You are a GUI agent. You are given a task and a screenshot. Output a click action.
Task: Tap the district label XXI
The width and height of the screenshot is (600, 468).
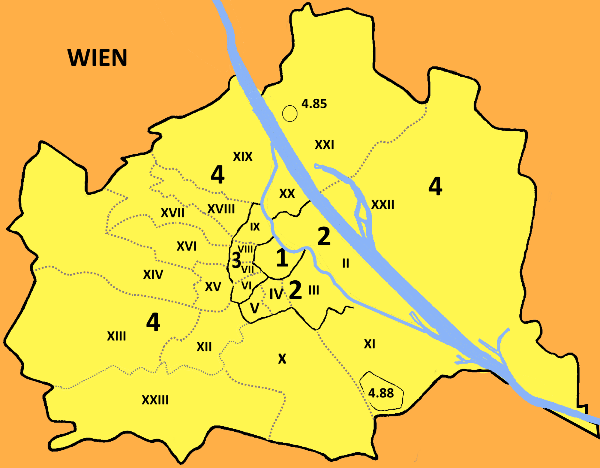(324, 145)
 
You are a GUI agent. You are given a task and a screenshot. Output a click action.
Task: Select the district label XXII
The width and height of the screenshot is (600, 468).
(382, 204)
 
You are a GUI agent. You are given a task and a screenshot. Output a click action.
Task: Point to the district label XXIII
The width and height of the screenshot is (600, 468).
(155, 400)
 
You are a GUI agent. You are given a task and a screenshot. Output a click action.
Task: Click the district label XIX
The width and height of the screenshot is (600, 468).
(243, 156)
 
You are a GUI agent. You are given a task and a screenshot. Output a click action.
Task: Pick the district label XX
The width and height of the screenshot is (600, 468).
(287, 194)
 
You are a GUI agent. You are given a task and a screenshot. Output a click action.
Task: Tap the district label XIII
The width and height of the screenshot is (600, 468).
(116, 336)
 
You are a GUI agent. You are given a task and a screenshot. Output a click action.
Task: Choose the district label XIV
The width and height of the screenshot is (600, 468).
(153, 274)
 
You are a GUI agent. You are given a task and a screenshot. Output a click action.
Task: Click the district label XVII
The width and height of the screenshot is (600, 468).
(172, 213)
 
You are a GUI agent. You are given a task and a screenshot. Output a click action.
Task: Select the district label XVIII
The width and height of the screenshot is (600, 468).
(221, 209)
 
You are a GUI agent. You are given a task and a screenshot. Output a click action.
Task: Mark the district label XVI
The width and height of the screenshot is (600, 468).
(186, 246)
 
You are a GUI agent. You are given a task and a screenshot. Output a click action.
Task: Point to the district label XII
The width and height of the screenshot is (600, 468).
(204, 347)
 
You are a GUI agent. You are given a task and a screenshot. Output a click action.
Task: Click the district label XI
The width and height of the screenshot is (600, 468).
(369, 344)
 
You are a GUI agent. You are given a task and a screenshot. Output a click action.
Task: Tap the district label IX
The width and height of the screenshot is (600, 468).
(255, 227)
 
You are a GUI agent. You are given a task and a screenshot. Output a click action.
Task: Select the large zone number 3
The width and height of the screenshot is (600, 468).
(236, 260)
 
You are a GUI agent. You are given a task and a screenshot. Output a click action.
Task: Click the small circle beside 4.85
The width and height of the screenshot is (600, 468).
(290, 113)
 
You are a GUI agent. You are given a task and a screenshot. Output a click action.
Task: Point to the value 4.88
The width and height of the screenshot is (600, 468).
(381, 393)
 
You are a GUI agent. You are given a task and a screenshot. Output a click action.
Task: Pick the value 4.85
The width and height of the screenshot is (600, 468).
(314, 104)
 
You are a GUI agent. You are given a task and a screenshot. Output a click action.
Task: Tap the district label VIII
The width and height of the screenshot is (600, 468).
(246, 249)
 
